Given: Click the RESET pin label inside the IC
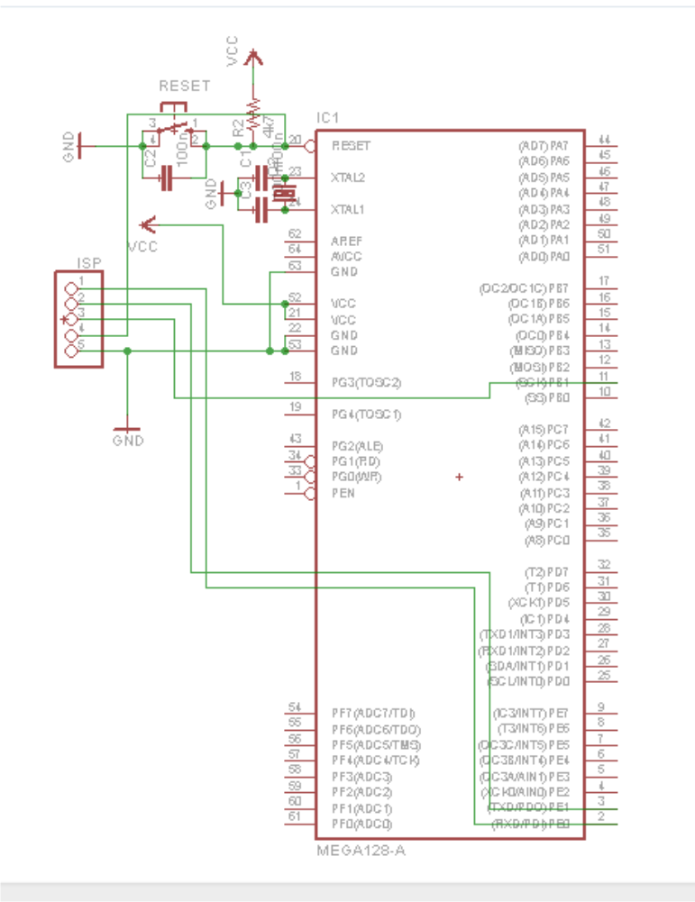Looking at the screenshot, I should (x=351, y=145).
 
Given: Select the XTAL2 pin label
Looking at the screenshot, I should (x=348, y=178).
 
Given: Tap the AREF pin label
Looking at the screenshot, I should (x=346, y=241).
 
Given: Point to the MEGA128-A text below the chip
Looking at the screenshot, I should (x=354, y=850).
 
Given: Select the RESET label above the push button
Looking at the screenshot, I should (x=184, y=86).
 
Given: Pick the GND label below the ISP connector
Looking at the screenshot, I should (x=128, y=441).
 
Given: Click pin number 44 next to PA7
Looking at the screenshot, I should (x=605, y=139).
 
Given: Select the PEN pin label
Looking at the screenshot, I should (x=343, y=493).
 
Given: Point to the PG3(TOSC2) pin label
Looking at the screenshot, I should (x=366, y=383).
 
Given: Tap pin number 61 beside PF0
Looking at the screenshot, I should (x=294, y=816).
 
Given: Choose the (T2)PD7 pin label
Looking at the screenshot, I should (x=546, y=572).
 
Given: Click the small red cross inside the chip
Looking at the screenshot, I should (x=460, y=476).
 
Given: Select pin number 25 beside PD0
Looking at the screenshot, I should (x=604, y=675).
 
